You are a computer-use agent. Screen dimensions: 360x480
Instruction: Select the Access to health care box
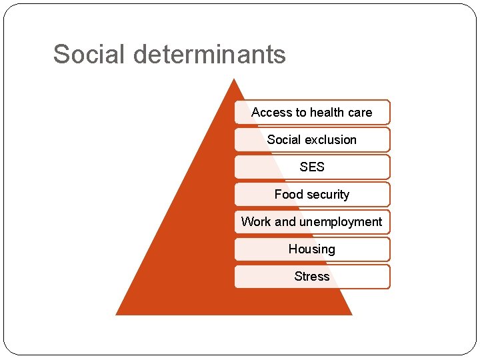point(312,113)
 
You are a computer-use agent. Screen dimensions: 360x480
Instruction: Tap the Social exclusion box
point(312,140)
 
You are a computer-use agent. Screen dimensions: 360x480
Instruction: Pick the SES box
point(312,167)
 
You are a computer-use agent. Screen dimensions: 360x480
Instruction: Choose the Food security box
point(312,195)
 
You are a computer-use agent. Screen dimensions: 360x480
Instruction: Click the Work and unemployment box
point(312,222)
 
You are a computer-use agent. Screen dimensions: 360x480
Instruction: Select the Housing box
point(312,249)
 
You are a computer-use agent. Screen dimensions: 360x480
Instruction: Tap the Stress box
point(312,277)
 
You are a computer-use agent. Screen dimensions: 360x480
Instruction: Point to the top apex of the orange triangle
point(234,79)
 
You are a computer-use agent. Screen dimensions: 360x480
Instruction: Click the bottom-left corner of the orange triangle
point(117,314)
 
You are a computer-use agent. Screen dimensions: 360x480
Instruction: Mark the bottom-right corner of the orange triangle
point(351,314)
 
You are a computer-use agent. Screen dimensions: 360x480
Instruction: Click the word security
point(327,195)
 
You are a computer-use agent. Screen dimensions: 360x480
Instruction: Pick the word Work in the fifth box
point(256,222)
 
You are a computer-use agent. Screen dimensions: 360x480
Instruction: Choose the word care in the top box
point(360,113)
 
